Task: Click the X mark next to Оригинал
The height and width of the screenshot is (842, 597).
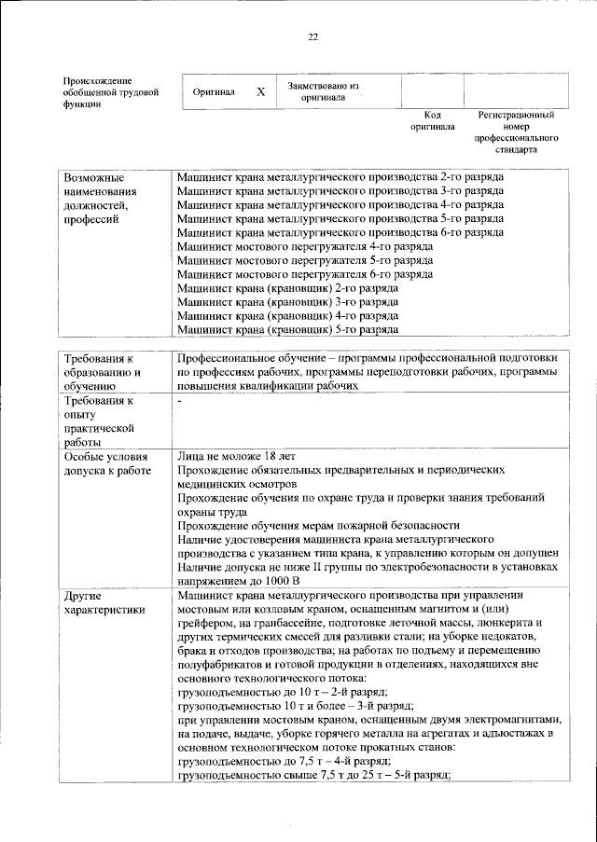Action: coord(261,92)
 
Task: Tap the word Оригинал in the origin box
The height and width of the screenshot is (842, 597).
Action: coord(213,92)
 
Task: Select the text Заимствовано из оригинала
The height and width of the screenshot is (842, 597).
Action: coord(323,91)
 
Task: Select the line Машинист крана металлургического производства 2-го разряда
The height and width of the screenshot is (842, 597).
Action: coord(340,176)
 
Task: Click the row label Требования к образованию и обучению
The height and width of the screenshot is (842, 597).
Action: coord(102,371)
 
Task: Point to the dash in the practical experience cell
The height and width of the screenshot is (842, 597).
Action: coord(179,401)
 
